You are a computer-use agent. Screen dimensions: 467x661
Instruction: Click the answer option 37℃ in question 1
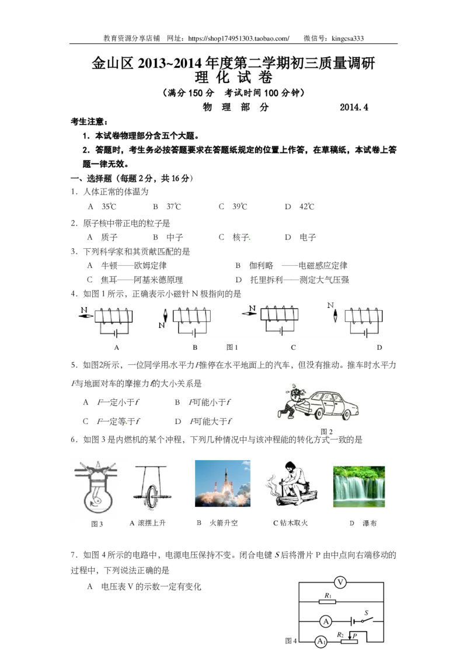173,207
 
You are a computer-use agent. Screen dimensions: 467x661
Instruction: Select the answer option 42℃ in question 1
307,207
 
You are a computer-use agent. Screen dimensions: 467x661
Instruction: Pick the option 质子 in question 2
109,237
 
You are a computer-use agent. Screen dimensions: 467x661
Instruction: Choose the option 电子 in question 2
308,237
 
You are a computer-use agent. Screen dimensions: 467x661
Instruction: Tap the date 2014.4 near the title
354,107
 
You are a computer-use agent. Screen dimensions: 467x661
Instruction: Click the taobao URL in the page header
239,39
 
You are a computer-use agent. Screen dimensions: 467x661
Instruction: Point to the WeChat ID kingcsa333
348,39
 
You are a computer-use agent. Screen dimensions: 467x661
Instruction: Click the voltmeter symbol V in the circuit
340,583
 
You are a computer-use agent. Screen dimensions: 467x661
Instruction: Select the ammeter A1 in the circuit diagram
321,642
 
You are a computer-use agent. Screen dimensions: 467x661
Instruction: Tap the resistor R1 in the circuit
327,601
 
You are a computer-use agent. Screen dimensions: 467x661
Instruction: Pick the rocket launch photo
222,483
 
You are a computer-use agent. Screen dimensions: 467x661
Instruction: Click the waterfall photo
358,486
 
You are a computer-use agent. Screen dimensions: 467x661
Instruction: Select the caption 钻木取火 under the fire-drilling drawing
294,523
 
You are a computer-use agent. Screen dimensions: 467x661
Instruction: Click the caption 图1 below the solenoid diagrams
232,347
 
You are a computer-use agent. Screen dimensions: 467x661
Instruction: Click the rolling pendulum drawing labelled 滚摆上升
151,488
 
